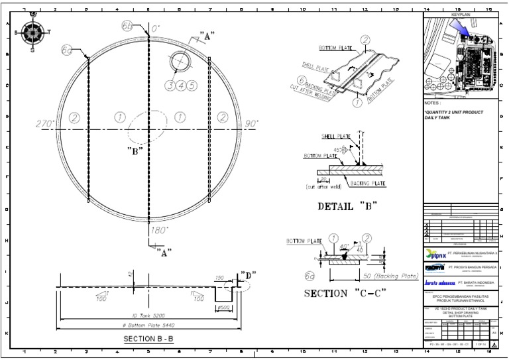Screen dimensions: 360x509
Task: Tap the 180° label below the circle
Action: (x=160, y=230)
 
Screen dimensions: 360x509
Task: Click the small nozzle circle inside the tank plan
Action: (x=181, y=62)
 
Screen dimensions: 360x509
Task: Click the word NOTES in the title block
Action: (x=433, y=103)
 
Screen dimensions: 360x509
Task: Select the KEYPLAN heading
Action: (x=461, y=14)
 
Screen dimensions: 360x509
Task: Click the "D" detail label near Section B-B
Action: (x=248, y=274)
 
